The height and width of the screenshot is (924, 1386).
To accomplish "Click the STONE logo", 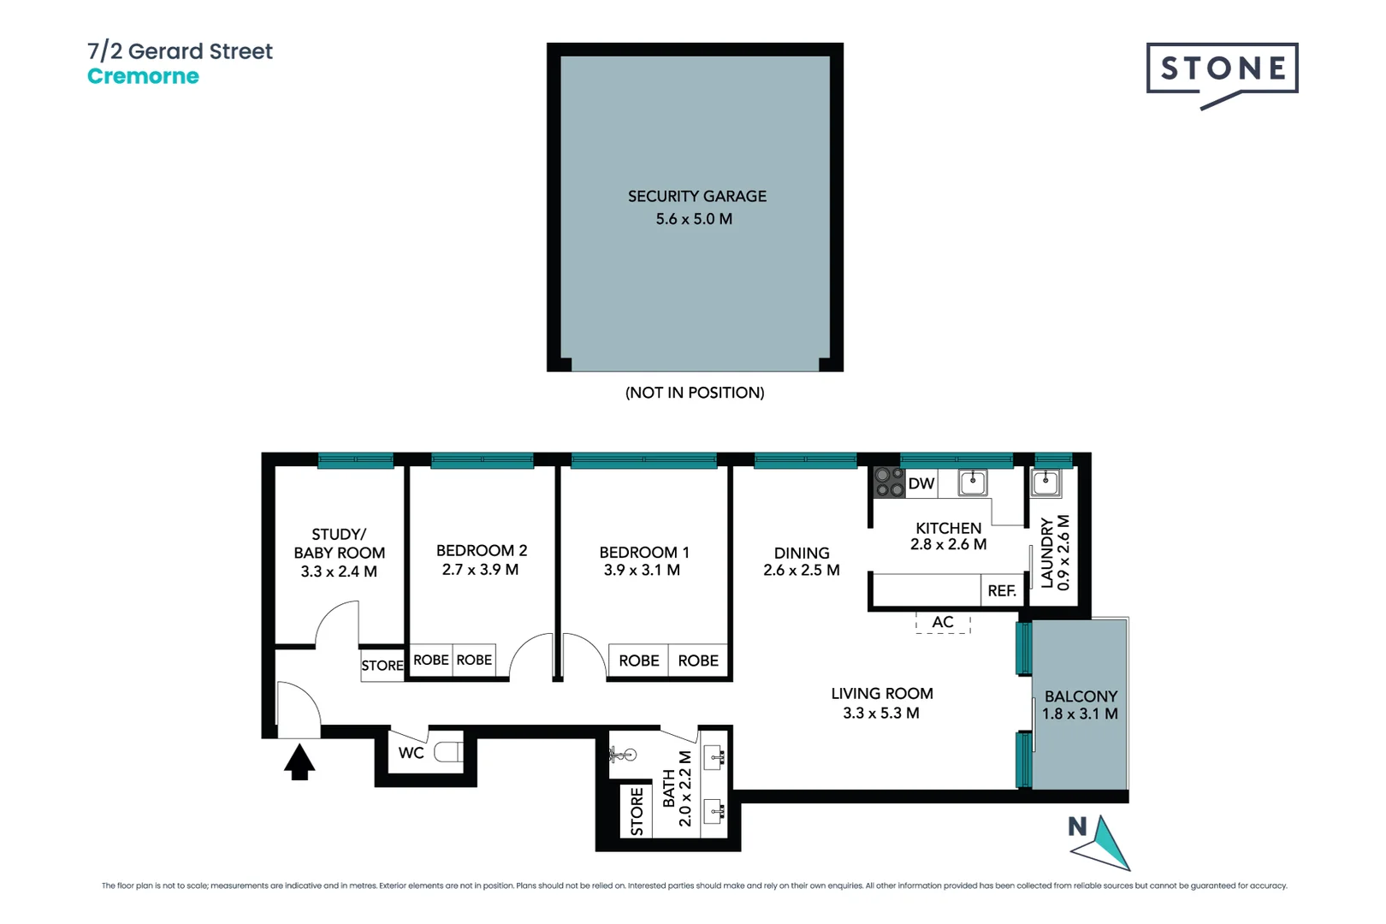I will point(1222,69).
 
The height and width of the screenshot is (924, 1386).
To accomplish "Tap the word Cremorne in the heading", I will point(143,76).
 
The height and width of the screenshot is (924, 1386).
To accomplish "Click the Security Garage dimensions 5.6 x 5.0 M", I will point(694,219).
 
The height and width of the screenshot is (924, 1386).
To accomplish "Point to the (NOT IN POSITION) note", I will point(695,393).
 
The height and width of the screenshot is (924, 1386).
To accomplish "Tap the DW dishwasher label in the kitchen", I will point(921,483).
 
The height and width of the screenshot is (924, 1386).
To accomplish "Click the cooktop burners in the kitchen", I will point(889,483).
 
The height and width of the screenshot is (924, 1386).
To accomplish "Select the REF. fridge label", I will point(1001,591).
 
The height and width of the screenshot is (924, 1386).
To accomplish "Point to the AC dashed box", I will point(943,622).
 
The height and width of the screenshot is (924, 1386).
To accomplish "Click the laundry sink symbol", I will point(1045,483).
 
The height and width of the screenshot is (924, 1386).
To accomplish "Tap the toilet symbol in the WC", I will point(449,753).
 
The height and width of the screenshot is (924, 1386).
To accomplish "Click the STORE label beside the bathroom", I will point(637,811).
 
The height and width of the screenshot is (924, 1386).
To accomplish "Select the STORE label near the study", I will point(382,666).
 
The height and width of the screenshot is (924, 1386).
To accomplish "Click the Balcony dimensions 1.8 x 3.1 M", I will point(1080,714).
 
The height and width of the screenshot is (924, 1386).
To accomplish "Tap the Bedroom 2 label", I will point(482,550).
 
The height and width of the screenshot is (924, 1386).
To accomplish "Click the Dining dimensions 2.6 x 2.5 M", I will point(802,570).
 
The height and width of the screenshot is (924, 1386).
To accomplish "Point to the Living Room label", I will point(882,694).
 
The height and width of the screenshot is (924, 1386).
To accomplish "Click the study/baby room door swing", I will point(335,623).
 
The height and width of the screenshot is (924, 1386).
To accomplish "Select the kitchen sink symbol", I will point(973,483).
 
